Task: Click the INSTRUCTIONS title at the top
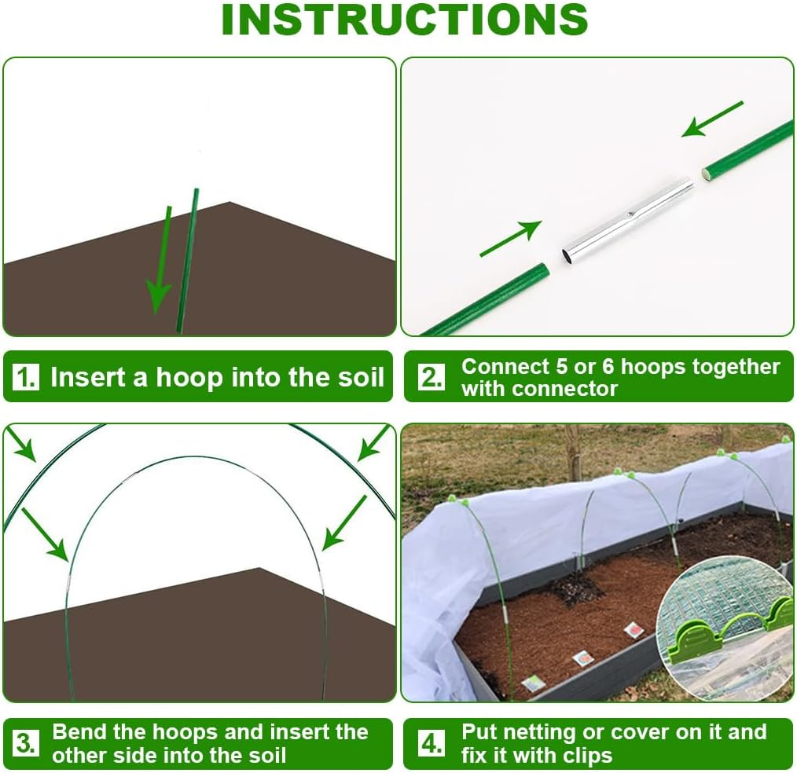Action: pyautogui.click(x=404, y=20)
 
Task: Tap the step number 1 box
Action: pyautogui.click(x=25, y=378)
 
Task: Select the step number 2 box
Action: pyautogui.click(x=431, y=377)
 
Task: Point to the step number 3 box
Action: pyautogui.click(x=25, y=744)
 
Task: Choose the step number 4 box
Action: pyautogui.click(x=431, y=744)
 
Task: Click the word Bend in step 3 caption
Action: pyautogui.click(x=79, y=732)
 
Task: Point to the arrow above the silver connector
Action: pyautogui.click(x=711, y=119)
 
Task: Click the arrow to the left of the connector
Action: pyautogui.click(x=510, y=239)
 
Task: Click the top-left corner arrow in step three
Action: pyautogui.click(x=23, y=445)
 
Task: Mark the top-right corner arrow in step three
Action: pyautogui.click(x=373, y=444)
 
